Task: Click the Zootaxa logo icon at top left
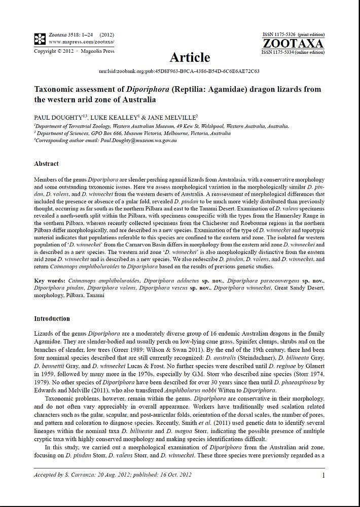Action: point(40,38)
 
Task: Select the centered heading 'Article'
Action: point(190,57)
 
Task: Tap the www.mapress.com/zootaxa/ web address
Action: point(81,41)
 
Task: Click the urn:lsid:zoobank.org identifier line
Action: point(179,71)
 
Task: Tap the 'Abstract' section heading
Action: point(46,164)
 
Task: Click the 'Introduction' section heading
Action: point(52,318)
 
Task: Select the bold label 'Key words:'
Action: point(49,280)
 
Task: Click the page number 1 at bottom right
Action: point(323,475)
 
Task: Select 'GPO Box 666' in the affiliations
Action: point(112,133)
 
